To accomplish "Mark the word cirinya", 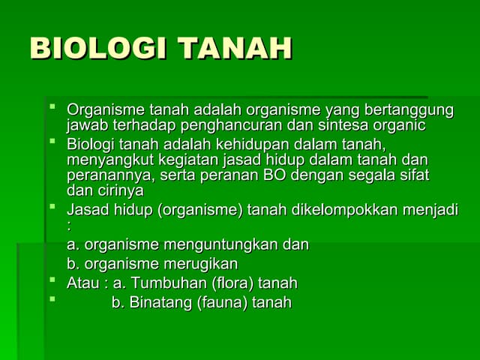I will click(118, 190).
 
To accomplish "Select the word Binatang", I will click(160, 303).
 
